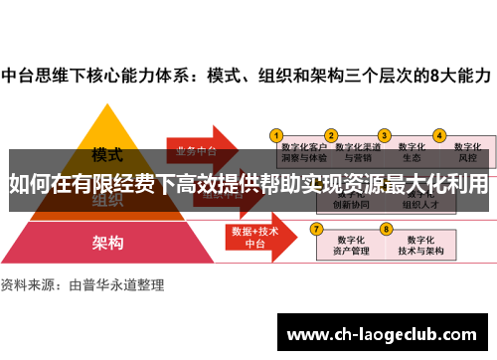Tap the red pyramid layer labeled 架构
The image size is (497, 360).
107,242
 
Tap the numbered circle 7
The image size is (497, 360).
317,229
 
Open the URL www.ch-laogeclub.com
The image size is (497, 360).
382,332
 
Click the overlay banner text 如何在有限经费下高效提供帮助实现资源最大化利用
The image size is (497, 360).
248,185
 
